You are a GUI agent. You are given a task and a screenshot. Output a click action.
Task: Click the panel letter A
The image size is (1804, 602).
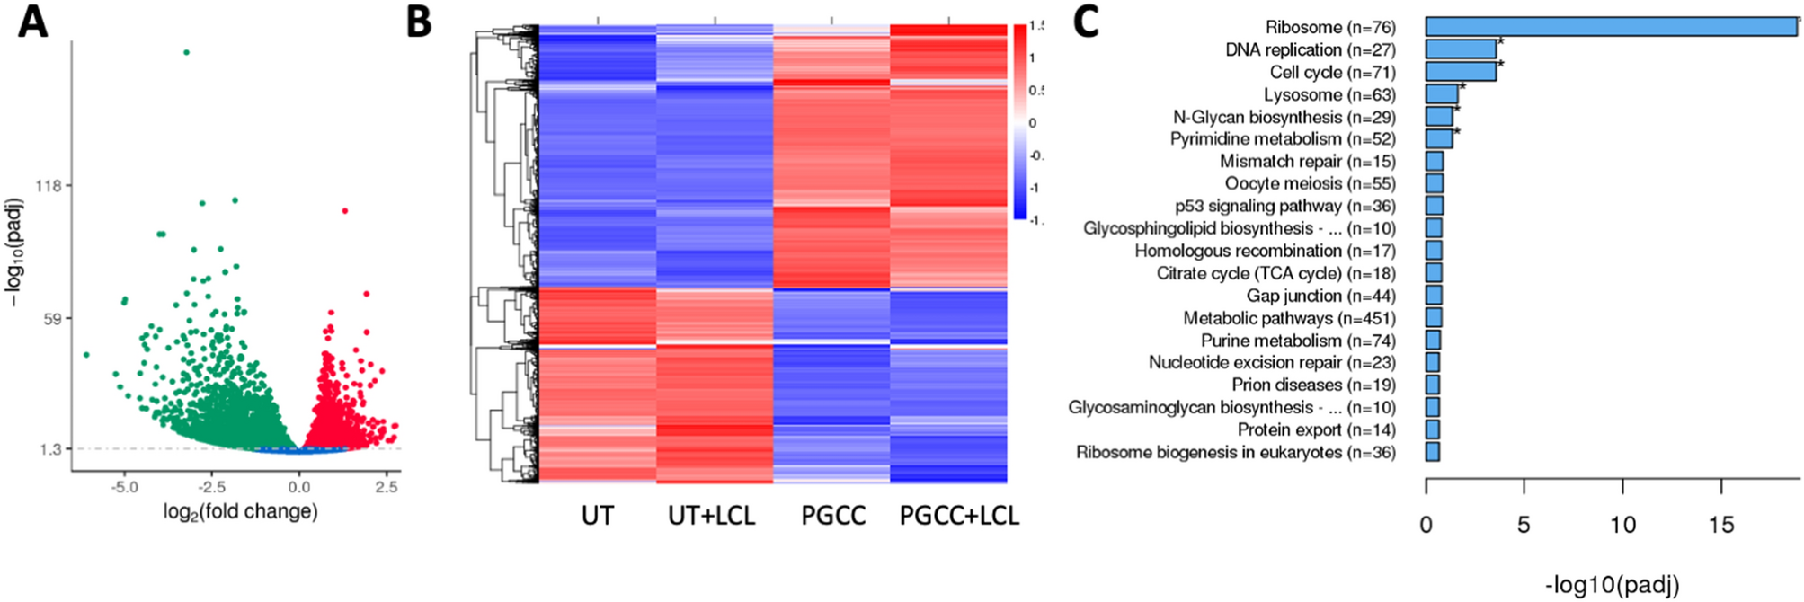tap(33, 22)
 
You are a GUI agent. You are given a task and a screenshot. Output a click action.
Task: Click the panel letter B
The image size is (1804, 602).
tap(419, 22)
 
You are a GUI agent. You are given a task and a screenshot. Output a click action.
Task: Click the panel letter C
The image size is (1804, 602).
tap(1085, 22)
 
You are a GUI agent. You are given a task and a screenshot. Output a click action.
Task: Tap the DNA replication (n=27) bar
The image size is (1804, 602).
tap(1461, 49)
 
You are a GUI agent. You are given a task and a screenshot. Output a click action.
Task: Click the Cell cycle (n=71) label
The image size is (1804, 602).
tap(1332, 72)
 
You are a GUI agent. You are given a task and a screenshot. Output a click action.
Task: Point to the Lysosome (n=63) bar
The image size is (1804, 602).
tap(1442, 94)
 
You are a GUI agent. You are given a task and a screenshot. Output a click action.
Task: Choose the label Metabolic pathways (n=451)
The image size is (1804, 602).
tap(1289, 318)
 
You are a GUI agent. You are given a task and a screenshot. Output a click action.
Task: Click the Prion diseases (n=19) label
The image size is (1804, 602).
tap(1313, 385)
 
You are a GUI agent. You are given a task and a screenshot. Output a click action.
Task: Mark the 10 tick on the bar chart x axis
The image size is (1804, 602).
tap(1622, 525)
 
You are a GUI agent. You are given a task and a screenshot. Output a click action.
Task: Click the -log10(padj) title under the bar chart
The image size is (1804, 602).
tap(1612, 585)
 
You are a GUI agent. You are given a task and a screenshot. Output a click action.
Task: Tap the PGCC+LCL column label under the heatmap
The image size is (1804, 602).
tap(959, 516)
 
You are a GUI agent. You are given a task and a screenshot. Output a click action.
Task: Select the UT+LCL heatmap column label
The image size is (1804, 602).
tap(711, 516)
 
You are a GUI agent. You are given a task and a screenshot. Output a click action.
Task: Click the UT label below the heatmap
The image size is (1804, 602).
tap(597, 516)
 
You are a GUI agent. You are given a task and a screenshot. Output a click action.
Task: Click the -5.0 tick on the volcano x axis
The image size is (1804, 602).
tap(124, 487)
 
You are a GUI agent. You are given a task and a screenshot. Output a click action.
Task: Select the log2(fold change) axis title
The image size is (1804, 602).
tap(240, 512)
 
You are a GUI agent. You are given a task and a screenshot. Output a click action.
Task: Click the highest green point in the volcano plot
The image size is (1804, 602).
tap(186, 52)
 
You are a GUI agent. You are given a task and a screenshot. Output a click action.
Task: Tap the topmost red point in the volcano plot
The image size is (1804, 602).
tap(344, 211)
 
